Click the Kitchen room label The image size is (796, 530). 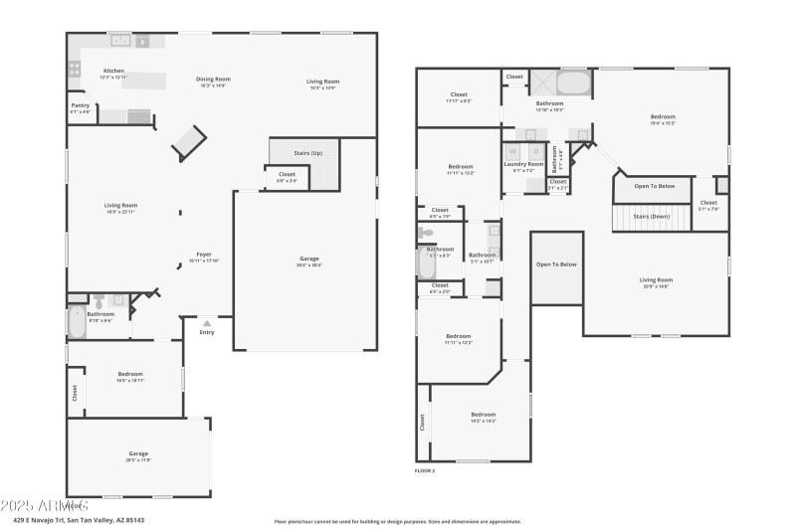tap(113, 71)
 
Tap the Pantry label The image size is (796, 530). tap(80, 105)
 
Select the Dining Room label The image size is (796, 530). tap(213, 79)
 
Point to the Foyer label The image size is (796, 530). tap(204, 254)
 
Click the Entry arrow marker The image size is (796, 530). tap(207, 323)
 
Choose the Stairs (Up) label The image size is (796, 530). tap(308, 153)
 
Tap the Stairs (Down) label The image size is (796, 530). tap(652, 216)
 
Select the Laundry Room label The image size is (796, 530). tap(523, 164)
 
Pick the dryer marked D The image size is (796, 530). tap(533, 151)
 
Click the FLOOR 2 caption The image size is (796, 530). tap(425, 470)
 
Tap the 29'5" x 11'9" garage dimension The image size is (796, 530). tap(137, 459)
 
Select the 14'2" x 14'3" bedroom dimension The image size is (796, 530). tap(483, 421)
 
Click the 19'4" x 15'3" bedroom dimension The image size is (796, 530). tap(663, 123)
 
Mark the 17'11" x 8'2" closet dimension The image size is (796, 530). tap(459, 101)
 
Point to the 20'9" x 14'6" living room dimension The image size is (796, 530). tap(656, 286)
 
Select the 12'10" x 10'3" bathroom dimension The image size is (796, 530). tap(550, 109)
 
